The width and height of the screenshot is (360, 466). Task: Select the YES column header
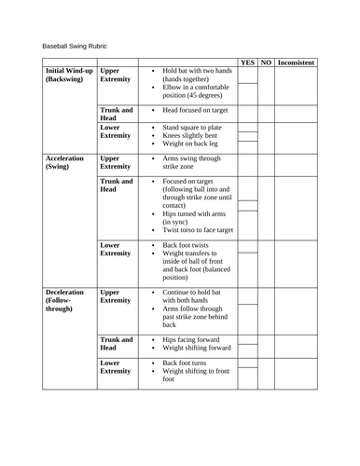pyautogui.click(x=247, y=62)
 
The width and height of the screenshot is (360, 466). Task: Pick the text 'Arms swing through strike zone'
pyautogui.click(x=193, y=164)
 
